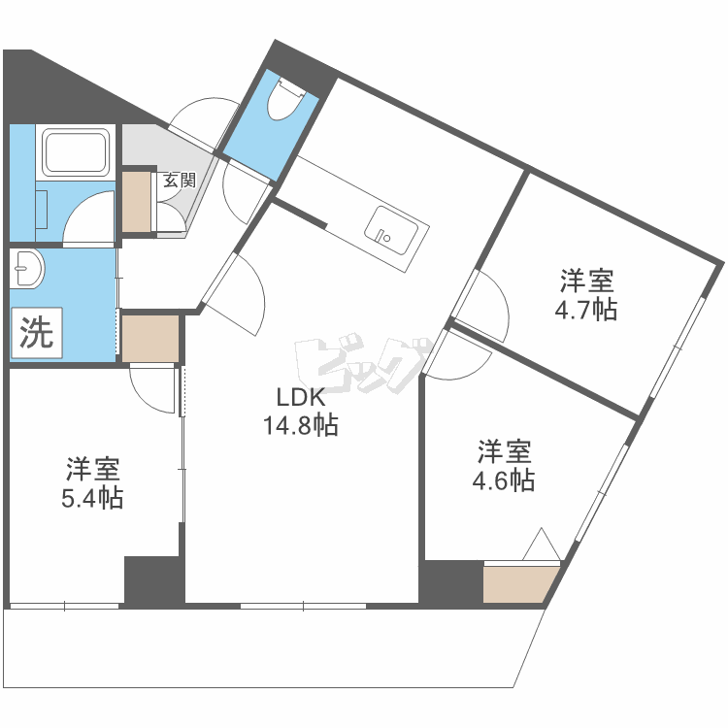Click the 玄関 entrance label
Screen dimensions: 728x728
179,180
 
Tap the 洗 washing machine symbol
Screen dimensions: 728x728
37,334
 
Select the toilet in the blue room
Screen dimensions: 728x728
290,97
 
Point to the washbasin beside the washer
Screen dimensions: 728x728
28,268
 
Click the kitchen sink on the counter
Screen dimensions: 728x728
393,234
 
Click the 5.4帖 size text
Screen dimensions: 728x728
93,499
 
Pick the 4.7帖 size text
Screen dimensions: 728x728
585,311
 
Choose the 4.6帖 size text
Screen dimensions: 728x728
503,480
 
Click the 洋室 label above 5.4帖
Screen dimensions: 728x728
93,471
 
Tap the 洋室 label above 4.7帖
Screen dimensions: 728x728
585,282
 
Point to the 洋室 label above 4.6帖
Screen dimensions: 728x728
503,451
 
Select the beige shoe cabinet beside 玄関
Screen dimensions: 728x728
138,202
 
